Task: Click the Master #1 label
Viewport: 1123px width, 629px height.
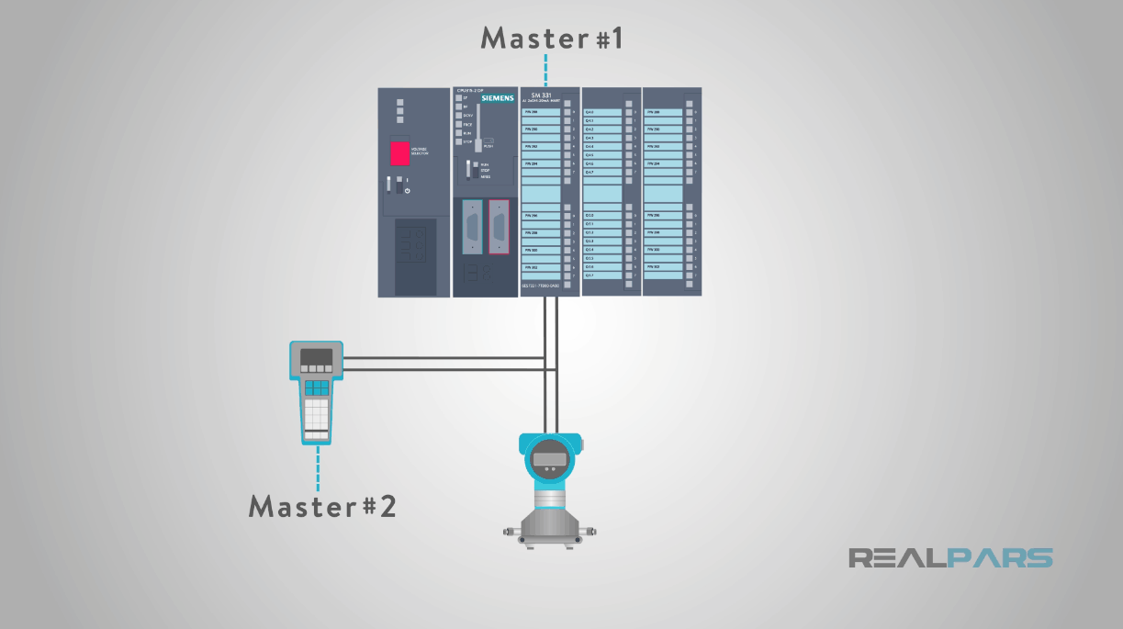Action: coord(553,39)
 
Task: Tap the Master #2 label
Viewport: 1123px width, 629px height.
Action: coord(322,506)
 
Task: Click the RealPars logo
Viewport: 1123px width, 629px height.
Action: coord(950,557)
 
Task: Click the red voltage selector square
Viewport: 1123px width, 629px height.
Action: coord(399,152)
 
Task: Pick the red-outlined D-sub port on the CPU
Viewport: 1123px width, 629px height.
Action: coord(499,227)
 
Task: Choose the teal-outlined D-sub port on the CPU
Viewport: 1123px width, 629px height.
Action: coord(472,227)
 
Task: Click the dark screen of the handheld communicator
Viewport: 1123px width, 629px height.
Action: coord(316,357)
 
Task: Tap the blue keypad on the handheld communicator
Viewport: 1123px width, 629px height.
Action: coord(317,388)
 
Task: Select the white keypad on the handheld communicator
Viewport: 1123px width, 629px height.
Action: coord(317,414)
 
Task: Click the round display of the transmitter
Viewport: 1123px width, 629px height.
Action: coord(550,458)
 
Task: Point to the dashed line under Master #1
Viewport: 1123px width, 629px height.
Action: coord(545,70)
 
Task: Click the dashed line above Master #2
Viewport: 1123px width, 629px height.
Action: coord(318,467)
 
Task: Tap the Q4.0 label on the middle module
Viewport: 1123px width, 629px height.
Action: coord(590,112)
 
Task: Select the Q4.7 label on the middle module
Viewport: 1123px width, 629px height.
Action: coord(590,173)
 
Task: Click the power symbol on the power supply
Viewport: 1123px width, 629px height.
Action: coord(407,190)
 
